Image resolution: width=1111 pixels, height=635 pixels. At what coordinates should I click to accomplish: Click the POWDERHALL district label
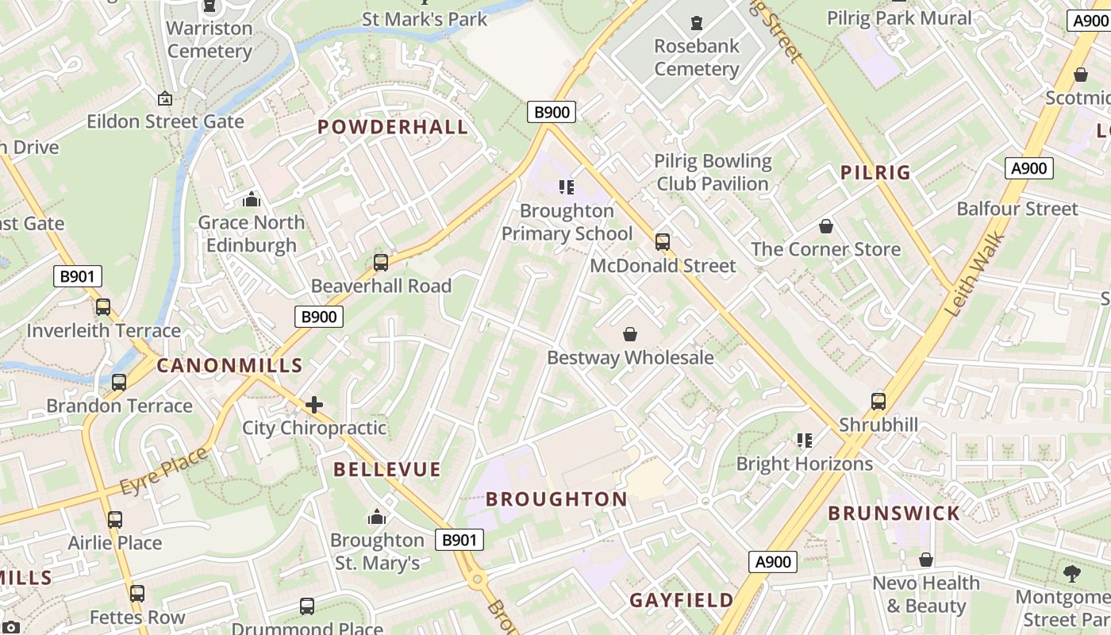(393, 127)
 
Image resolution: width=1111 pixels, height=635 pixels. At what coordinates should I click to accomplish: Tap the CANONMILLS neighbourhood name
(229, 365)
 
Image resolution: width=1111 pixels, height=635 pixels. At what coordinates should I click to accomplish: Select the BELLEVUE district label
(386, 469)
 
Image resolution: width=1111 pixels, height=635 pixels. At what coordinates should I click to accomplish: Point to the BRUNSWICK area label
(894, 513)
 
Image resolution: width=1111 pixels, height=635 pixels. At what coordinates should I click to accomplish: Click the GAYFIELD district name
(682, 600)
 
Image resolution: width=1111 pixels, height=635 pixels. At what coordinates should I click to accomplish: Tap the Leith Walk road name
(975, 274)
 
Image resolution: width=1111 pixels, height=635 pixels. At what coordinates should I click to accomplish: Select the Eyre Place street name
(164, 471)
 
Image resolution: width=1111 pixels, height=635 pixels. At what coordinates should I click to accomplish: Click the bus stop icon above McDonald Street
(663, 242)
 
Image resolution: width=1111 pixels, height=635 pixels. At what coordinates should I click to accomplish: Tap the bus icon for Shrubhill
(878, 401)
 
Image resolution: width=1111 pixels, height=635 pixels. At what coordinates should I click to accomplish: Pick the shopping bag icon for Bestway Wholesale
(630, 334)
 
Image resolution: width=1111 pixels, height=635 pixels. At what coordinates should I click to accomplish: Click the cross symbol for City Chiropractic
(314, 405)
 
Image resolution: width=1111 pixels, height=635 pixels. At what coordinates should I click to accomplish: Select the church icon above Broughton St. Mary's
(377, 518)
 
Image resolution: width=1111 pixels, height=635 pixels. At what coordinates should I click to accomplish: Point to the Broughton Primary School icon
(567, 187)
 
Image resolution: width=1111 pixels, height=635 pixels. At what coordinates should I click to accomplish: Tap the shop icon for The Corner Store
(826, 226)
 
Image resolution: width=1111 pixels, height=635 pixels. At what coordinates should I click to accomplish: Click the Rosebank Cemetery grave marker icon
(697, 22)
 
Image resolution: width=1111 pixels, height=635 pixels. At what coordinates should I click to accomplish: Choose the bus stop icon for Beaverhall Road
(381, 263)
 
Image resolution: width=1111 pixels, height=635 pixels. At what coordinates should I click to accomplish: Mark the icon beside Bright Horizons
(805, 440)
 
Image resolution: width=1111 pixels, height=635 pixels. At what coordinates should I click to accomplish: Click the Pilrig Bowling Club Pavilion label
(712, 172)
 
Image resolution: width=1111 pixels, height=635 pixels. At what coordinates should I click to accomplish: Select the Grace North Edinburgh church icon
(252, 199)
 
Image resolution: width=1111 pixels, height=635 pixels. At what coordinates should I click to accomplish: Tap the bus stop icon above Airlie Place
(115, 520)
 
